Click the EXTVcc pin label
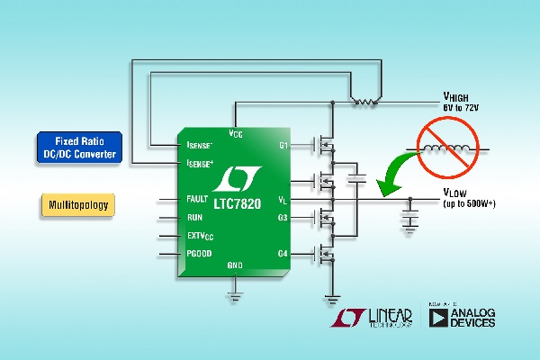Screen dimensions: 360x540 [201, 236]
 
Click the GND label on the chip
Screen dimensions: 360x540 [235, 265]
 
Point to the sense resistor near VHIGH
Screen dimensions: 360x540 [363, 100]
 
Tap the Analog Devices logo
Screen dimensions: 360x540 [463, 318]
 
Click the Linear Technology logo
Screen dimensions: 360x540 [372, 318]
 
